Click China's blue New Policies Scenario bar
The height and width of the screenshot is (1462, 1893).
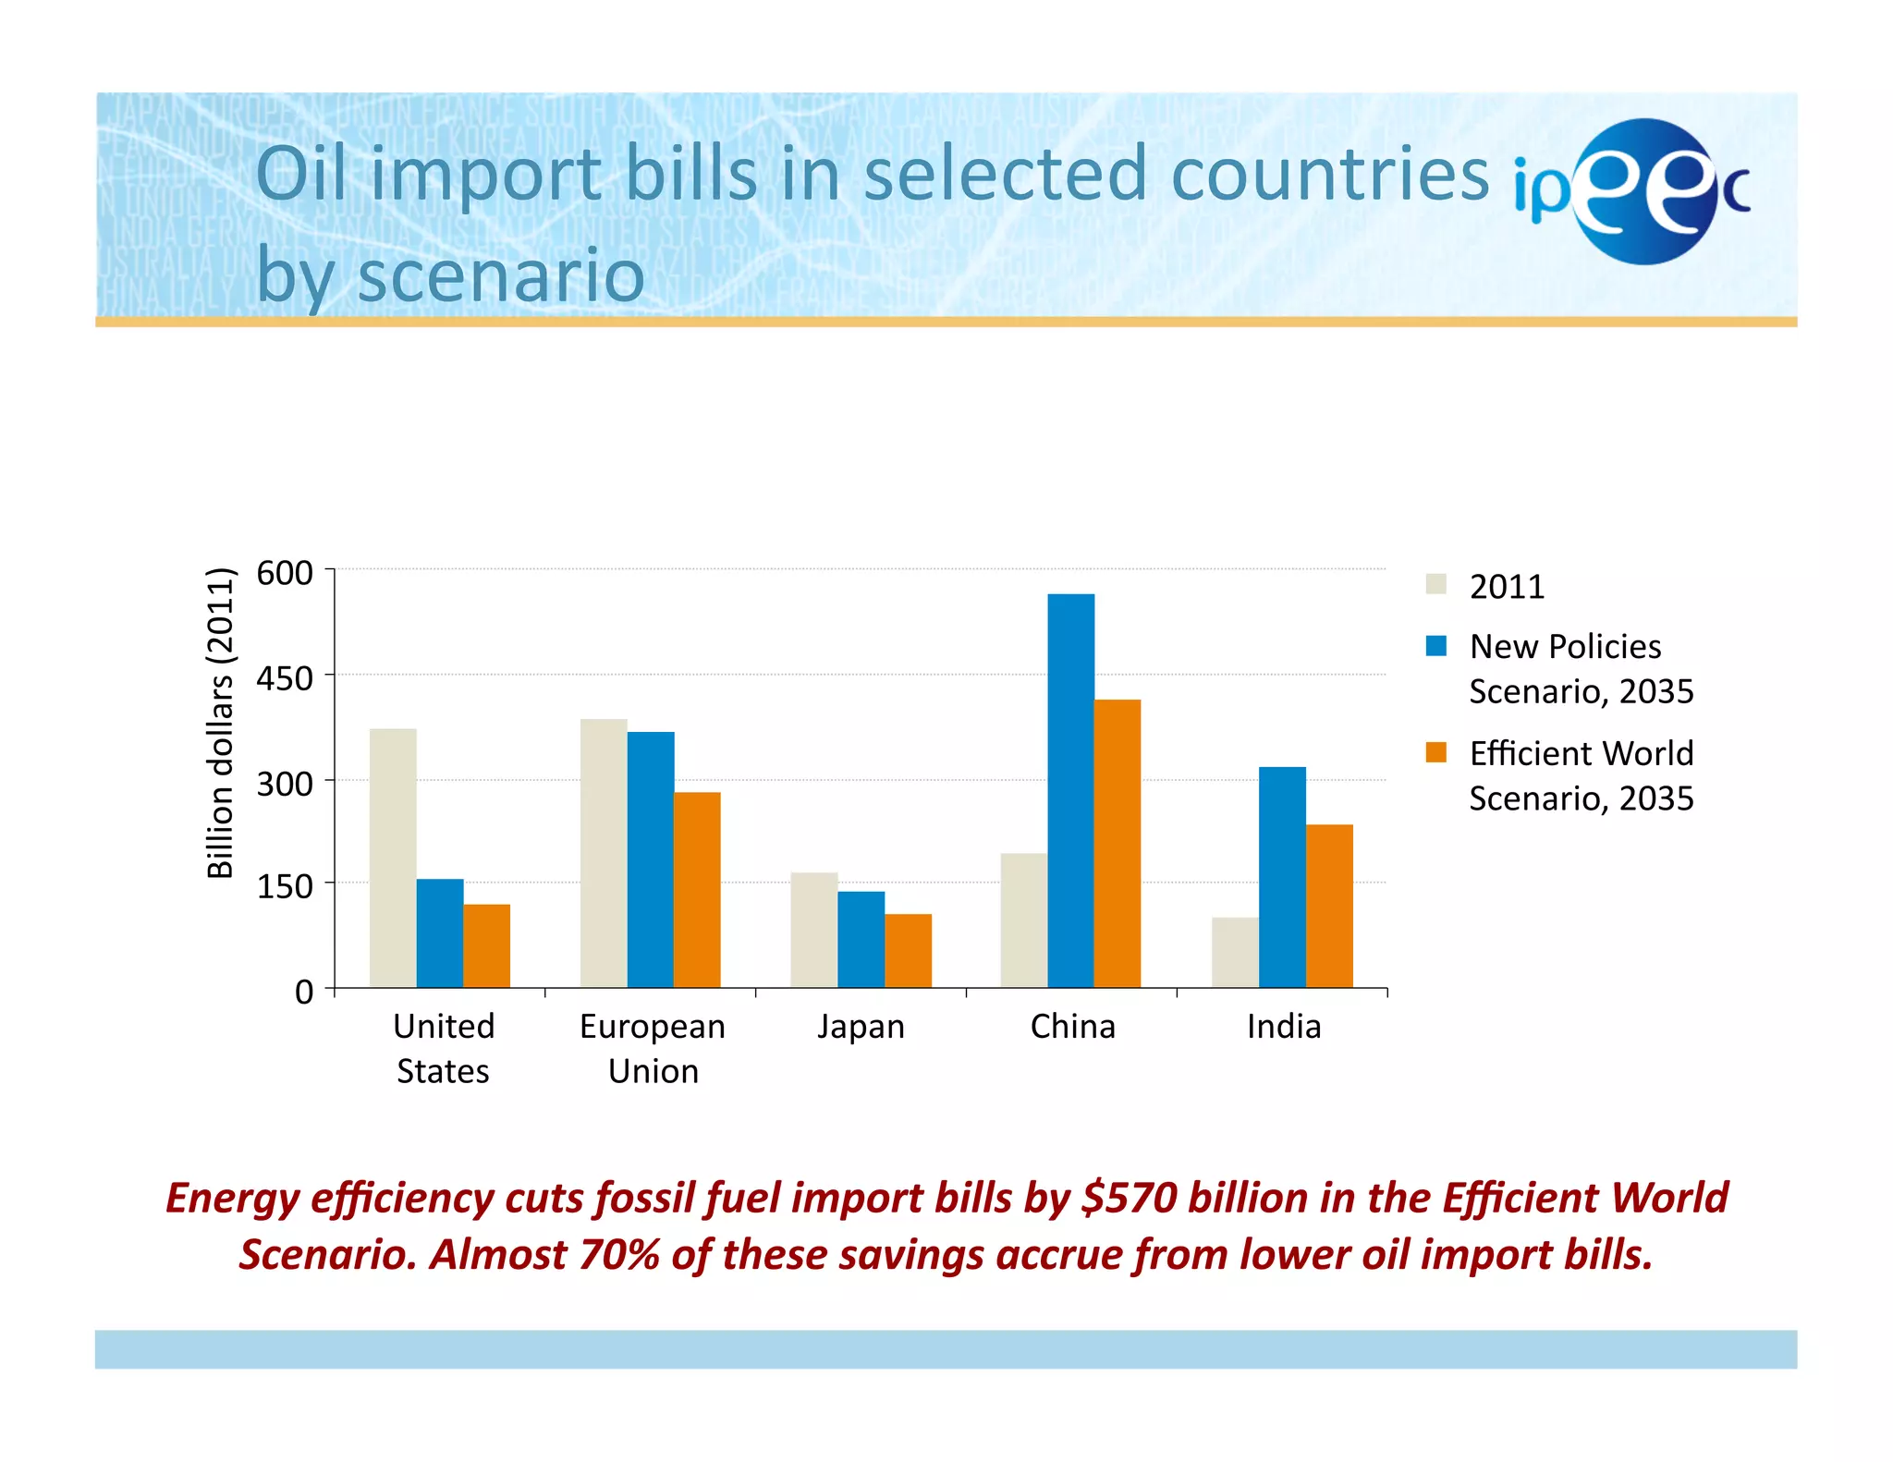pyautogui.click(x=1070, y=790)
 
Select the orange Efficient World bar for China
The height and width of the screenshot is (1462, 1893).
pyautogui.click(x=1117, y=843)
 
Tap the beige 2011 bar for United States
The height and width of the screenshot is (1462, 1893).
pyautogui.click(x=393, y=858)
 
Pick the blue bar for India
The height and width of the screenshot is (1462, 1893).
pyautogui.click(x=1282, y=876)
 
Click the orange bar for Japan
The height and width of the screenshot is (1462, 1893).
pyautogui.click(x=908, y=950)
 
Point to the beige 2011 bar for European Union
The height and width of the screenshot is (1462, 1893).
pyautogui.click(x=604, y=852)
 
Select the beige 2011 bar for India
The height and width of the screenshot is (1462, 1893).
pyautogui.click(x=1235, y=952)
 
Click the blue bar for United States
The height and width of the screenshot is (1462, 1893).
pyautogui.click(x=440, y=932)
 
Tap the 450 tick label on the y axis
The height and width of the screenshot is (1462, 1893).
pyautogui.click(x=285, y=678)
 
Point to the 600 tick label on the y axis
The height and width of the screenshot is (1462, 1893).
pyautogui.click(x=285, y=573)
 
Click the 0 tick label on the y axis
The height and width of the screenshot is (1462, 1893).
pyautogui.click(x=304, y=992)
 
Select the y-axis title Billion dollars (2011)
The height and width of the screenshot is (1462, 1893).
pyautogui.click(x=220, y=723)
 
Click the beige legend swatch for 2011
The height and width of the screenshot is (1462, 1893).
pyautogui.click(x=1435, y=584)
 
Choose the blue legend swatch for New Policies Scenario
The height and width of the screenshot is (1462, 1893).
pyautogui.click(x=1435, y=645)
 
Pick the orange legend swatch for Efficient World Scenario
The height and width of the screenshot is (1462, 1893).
pyautogui.click(x=1435, y=752)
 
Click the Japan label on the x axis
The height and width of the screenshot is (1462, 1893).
pyautogui.click(x=861, y=1027)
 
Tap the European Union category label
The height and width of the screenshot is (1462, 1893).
pyautogui.click(x=653, y=1048)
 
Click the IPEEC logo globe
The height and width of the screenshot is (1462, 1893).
pyautogui.click(x=1645, y=191)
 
